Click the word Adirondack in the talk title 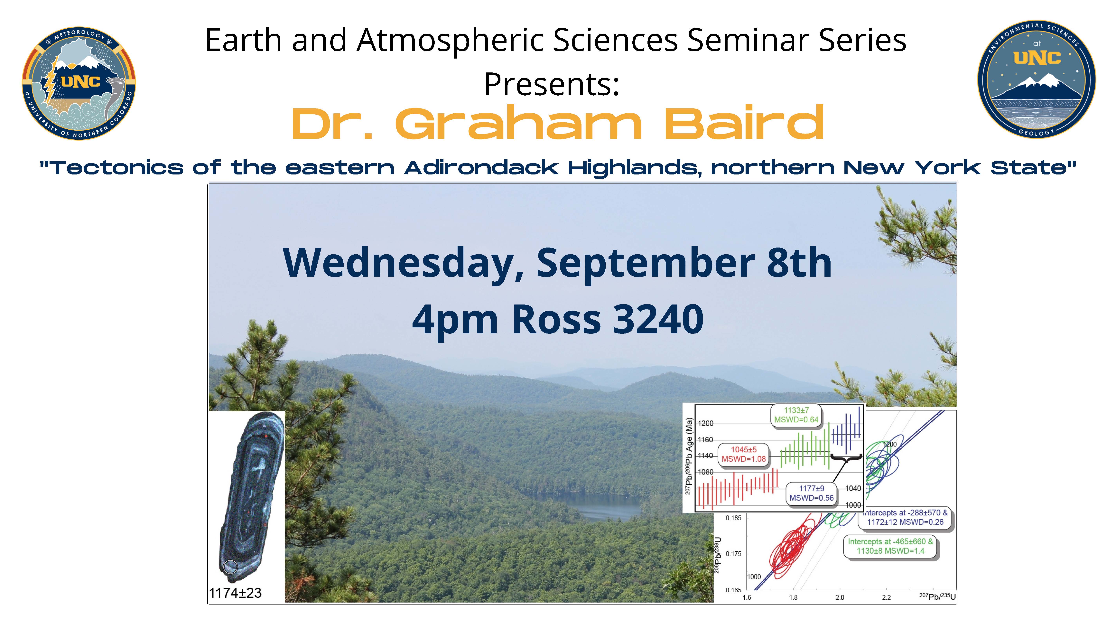tap(481, 168)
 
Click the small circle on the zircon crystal tap(231, 567)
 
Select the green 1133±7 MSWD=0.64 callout tap(796, 415)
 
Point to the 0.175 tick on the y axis tap(733, 553)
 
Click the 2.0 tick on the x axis tap(840, 597)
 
